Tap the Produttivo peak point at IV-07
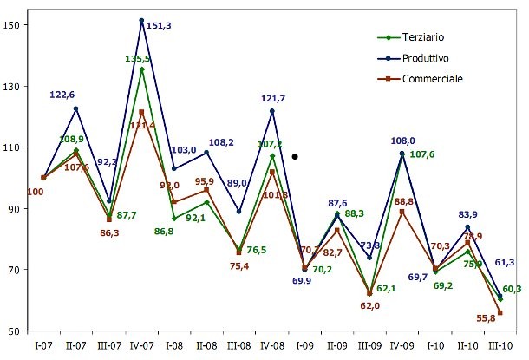tap(141, 20)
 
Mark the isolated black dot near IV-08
tap(296, 157)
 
